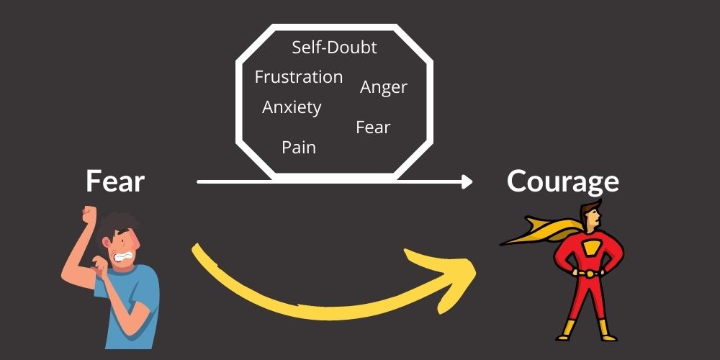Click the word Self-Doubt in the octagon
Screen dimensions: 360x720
click(x=334, y=48)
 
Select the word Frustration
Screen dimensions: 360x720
click(x=299, y=77)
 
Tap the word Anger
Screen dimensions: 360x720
click(x=384, y=87)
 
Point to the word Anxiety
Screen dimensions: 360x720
click(x=292, y=108)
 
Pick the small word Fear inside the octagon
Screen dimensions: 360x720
click(x=373, y=127)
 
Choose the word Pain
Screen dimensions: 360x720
click(x=299, y=148)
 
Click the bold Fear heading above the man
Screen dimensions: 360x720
click(x=115, y=181)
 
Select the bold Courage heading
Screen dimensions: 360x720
click(x=562, y=181)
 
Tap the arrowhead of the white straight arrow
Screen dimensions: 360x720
click(x=467, y=182)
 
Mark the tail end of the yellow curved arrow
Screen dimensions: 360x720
click(x=196, y=250)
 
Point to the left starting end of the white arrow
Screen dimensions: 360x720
click(x=199, y=182)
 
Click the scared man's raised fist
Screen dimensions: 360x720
click(x=90, y=215)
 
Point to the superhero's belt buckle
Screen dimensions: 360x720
click(x=589, y=274)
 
